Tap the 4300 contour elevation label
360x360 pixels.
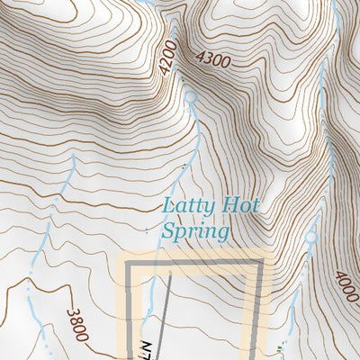pyautogui.click(x=213, y=58)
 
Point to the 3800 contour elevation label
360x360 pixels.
pyautogui.click(x=77, y=322)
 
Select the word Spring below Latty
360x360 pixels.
pyautogui.click(x=194, y=231)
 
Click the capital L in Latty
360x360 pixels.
pyautogui.click(x=168, y=206)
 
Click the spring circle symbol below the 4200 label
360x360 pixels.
pyautogui.click(x=190, y=96)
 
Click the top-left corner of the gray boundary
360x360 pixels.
pyautogui.click(x=129, y=263)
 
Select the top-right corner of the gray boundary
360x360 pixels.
pyautogui.click(x=262, y=263)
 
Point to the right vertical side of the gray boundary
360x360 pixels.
pyautogui.click(x=261, y=310)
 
